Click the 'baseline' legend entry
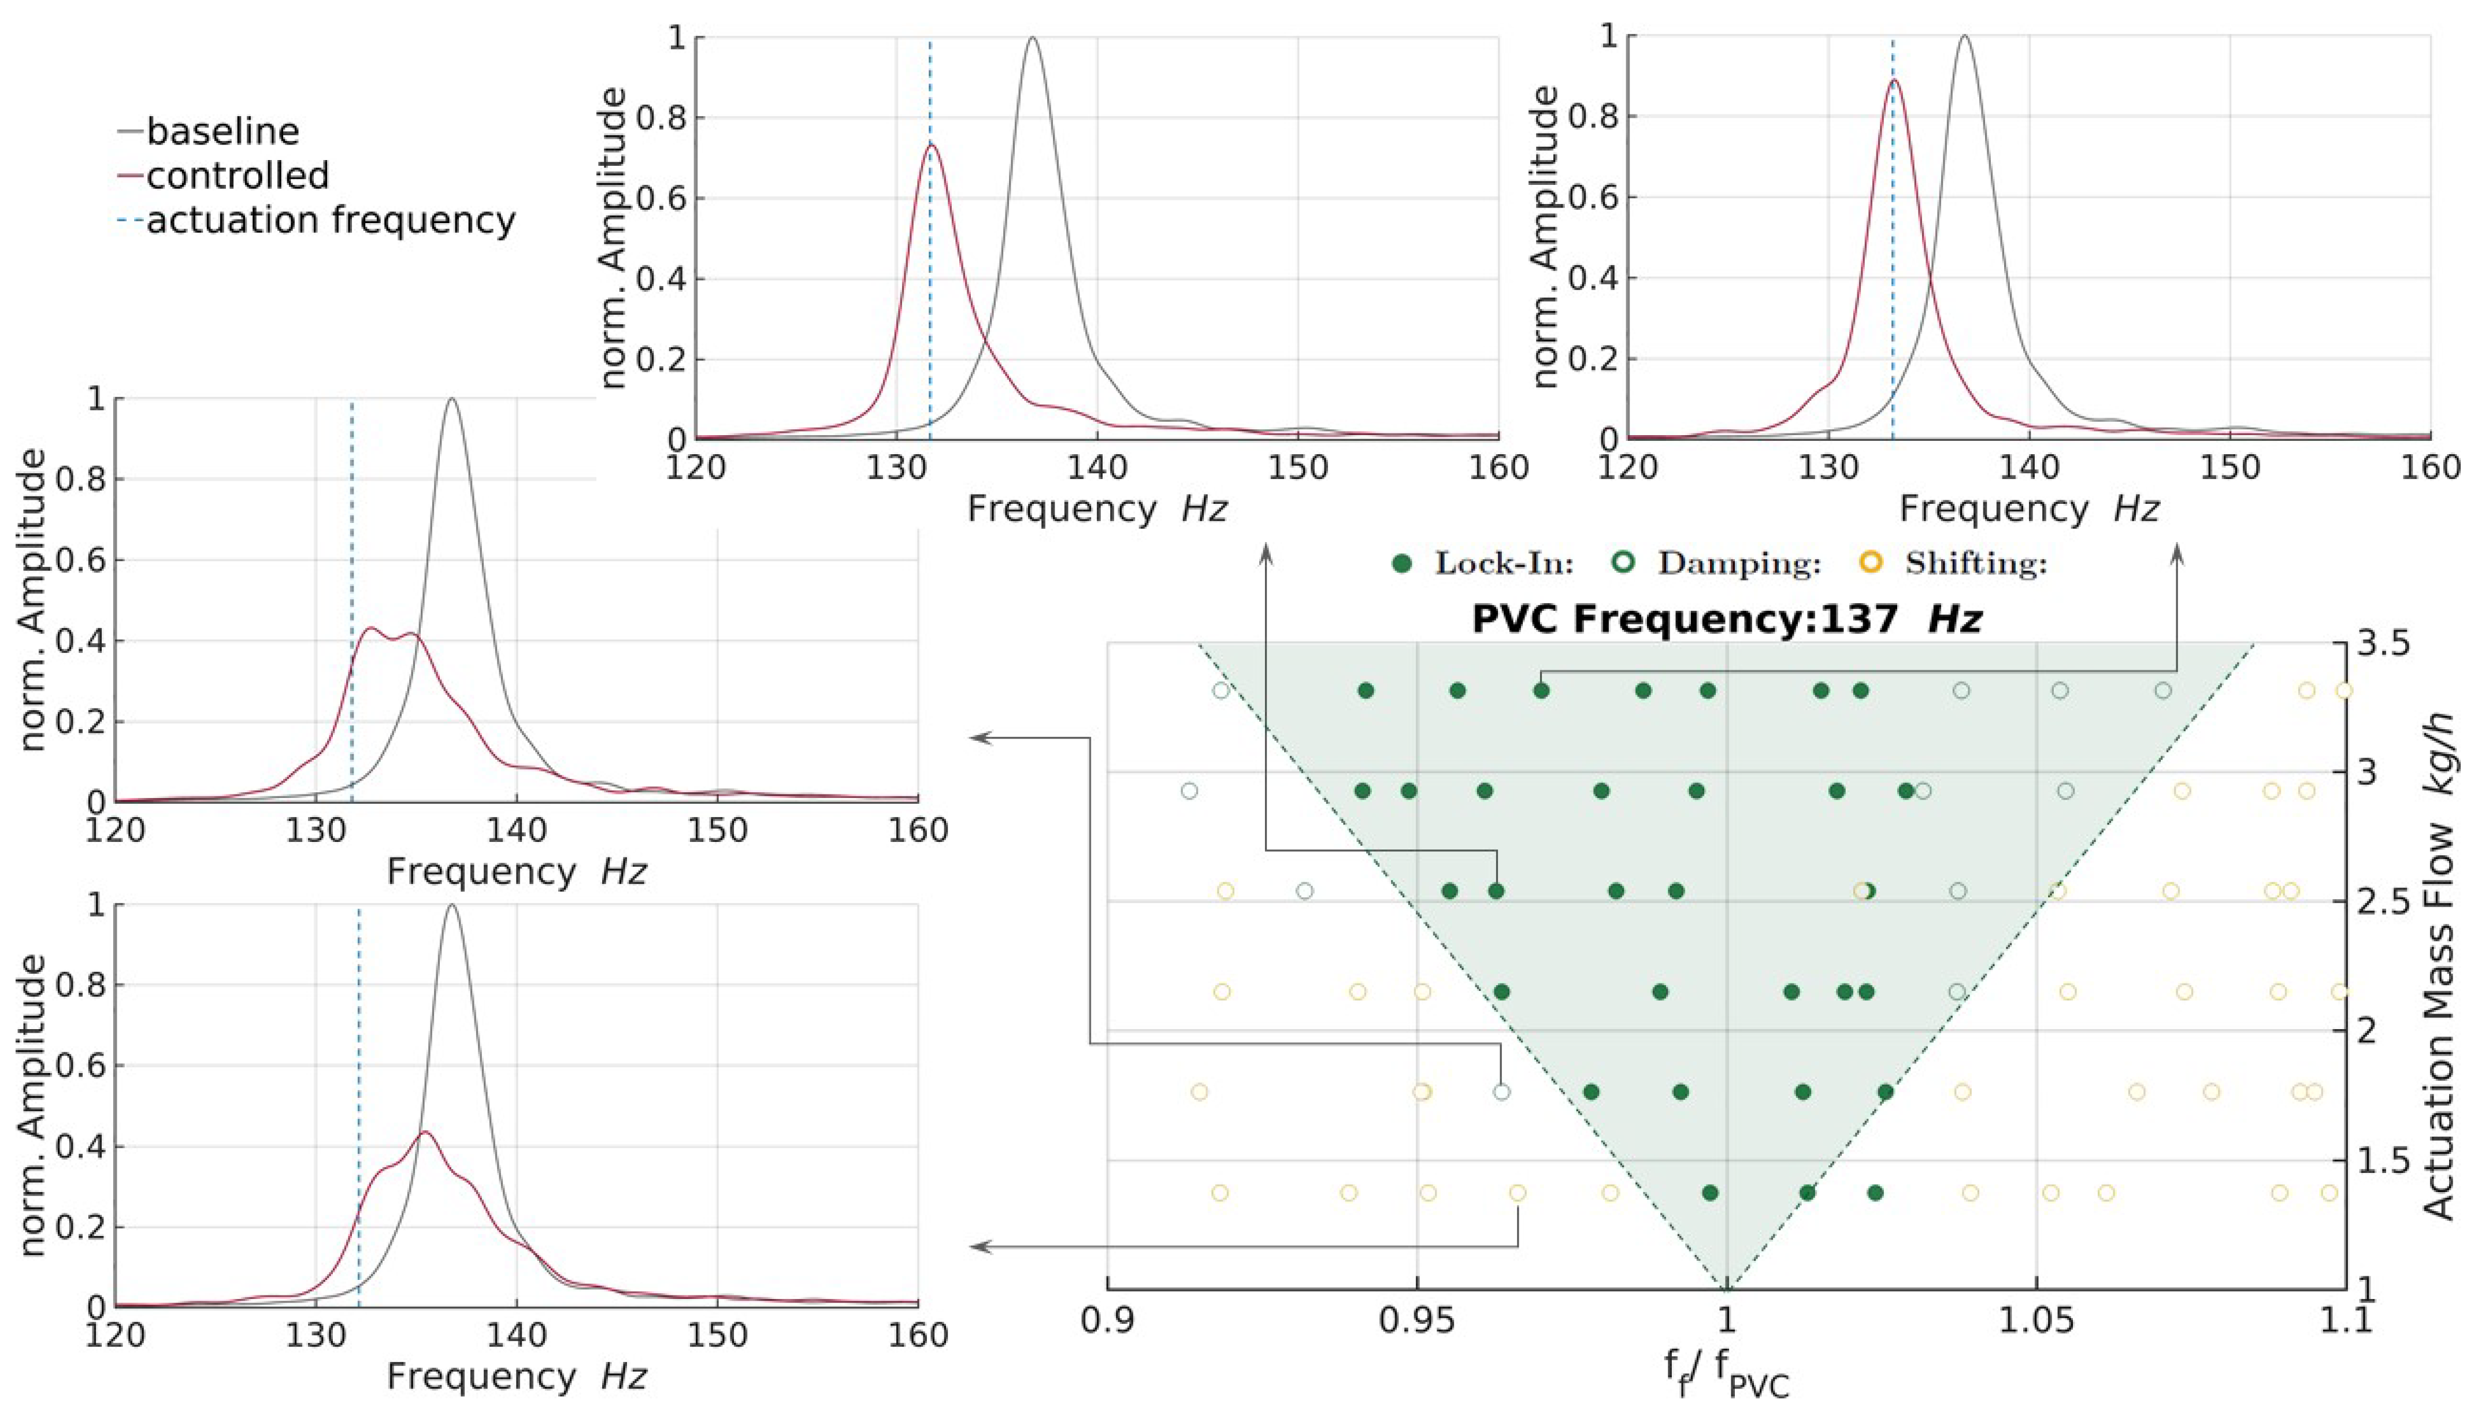point(222,131)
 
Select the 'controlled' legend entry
point(236,175)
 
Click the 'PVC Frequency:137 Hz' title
point(1726,618)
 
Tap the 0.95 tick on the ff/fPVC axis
point(1416,1322)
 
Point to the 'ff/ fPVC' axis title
point(1726,1378)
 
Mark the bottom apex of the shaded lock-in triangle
point(1726,1287)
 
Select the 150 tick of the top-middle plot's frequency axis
point(1298,467)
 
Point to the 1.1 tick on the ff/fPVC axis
point(2345,1322)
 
